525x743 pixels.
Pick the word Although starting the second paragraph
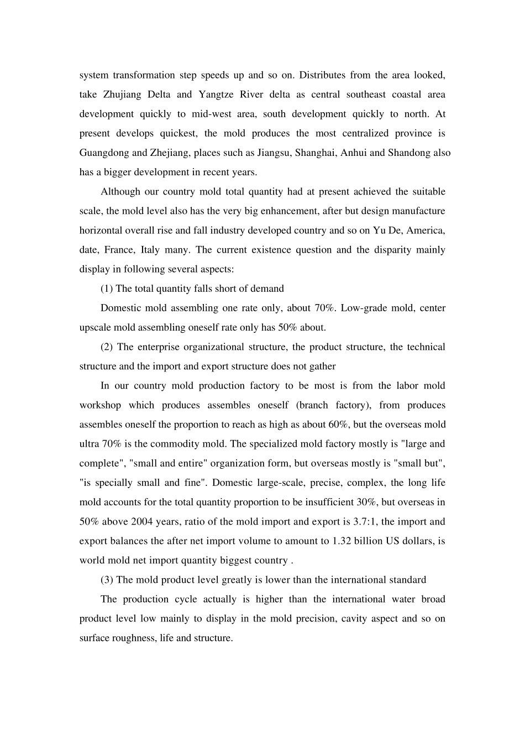[120, 192]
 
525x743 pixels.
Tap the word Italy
[150, 250]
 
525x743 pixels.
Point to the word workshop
[100, 405]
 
